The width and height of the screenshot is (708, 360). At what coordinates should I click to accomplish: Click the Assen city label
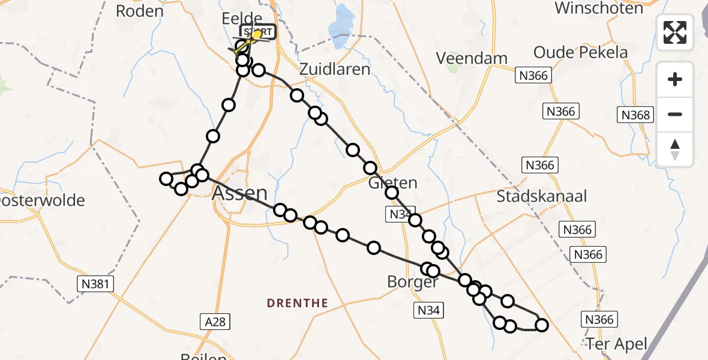pyautogui.click(x=240, y=193)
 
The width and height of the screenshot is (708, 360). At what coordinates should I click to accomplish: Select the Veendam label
pyautogui.click(x=472, y=59)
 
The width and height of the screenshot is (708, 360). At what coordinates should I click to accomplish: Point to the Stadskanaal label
pyautogui.click(x=542, y=196)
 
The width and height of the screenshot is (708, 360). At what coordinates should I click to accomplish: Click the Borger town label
pyautogui.click(x=413, y=282)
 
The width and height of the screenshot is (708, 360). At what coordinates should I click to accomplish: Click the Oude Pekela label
pyautogui.click(x=580, y=52)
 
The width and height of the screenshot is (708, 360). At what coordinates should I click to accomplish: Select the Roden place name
pyautogui.click(x=139, y=11)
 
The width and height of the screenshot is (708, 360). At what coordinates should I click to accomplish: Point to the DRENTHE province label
pyautogui.click(x=298, y=303)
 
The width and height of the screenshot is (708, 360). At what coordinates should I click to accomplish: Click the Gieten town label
pyautogui.click(x=393, y=182)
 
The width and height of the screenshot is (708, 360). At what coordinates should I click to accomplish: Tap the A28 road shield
pyautogui.click(x=214, y=322)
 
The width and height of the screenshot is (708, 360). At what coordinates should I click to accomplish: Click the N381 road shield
pyautogui.click(x=96, y=284)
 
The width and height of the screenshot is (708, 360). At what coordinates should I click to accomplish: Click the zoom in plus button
pyautogui.click(x=675, y=80)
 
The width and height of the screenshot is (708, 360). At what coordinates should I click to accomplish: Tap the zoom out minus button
pyautogui.click(x=675, y=114)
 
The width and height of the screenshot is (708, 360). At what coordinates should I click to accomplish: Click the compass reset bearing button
pyautogui.click(x=675, y=149)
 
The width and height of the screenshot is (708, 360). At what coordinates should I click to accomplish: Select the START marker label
pyautogui.click(x=258, y=32)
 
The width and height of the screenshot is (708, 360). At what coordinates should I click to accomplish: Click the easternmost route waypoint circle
pyautogui.click(x=542, y=325)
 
